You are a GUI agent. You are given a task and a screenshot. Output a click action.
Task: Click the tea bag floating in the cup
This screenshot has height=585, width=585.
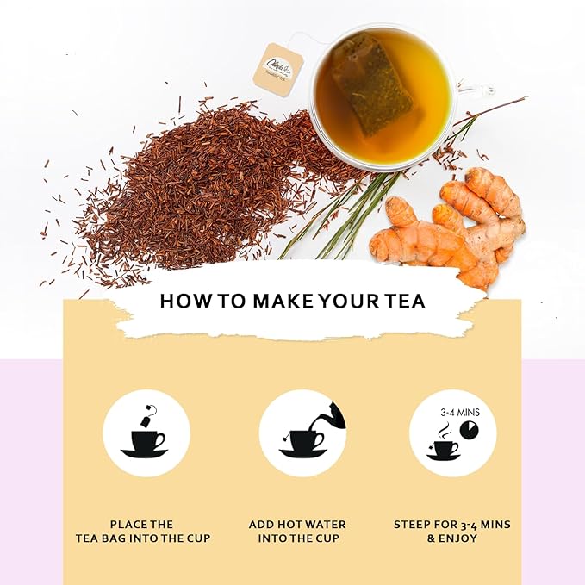click(372, 84)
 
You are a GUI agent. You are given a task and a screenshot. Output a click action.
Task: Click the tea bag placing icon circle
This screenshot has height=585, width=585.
click(146, 433)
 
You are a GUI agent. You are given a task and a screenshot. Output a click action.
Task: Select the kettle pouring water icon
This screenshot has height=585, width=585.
click(302, 433)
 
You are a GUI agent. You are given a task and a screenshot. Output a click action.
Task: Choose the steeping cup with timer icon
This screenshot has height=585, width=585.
click(452, 433)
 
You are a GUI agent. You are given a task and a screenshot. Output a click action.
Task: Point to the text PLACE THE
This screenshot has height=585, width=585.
click(142, 524)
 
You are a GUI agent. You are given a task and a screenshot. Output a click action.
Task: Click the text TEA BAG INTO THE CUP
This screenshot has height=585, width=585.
click(142, 538)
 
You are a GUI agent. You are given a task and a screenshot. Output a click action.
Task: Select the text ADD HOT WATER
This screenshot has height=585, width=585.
click(297, 524)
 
